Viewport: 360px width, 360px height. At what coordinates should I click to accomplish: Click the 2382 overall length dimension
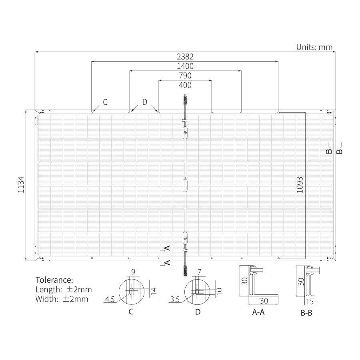(x=185, y=56)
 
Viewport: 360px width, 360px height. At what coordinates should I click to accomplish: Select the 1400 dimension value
(x=185, y=66)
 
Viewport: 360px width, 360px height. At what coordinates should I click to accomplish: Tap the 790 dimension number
(x=185, y=76)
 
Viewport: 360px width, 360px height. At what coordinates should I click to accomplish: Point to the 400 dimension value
(x=185, y=85)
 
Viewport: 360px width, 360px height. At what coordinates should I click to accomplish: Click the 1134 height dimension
(x=21, y=184)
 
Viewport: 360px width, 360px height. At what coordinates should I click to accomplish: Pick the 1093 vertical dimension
(x=300, y=184)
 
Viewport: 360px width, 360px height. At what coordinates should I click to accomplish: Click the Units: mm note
(x=314, y=47)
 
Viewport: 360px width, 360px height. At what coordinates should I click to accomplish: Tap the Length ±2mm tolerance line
(x=64, y=290)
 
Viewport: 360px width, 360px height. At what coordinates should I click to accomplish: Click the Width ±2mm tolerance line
(x=62, y=299)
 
